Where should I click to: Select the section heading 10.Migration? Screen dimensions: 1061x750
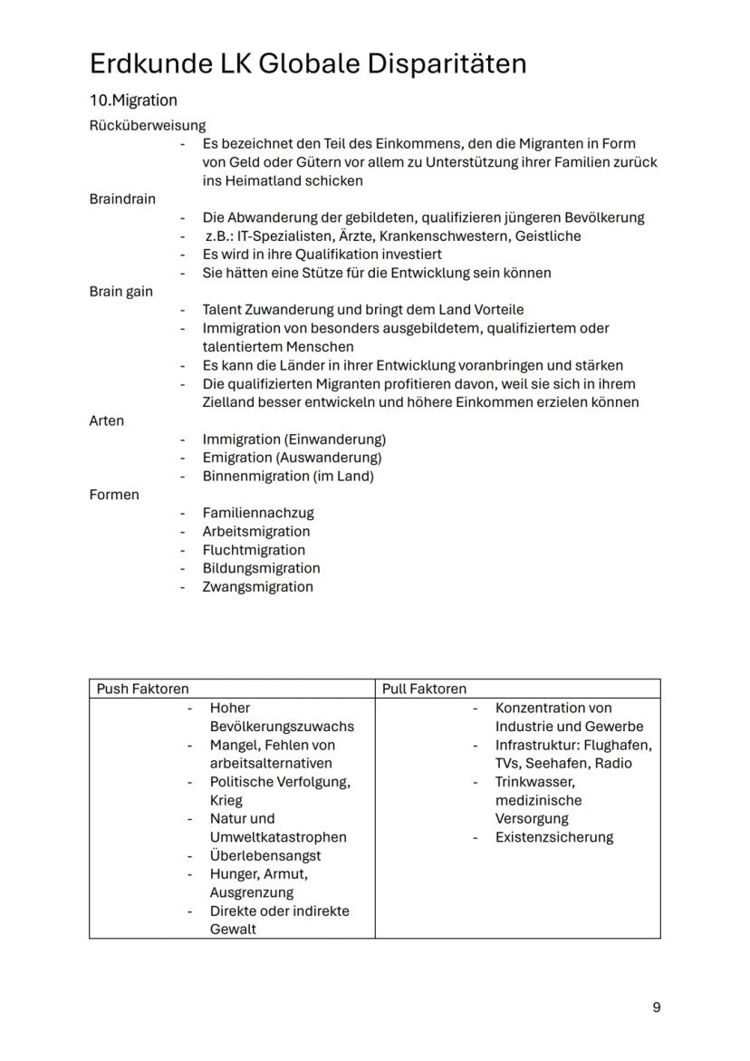(133, 100)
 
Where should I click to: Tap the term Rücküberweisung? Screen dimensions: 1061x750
(147, 125)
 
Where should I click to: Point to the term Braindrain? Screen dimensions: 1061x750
(122, 198)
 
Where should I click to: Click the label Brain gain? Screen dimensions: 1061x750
(121, 292)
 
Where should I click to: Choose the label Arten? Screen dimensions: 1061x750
(107, 420)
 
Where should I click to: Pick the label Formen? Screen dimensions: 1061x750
(114, 495)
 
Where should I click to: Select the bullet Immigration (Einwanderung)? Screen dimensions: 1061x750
(293, 439)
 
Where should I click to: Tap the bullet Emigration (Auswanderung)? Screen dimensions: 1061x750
(292, 458)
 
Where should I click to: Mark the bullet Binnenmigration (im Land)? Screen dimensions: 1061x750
(288, 477)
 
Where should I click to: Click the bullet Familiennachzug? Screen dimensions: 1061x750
(258, 513)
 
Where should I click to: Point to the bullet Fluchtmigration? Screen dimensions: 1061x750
(254, 550)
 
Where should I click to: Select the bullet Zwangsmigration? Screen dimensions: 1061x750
(257, 587)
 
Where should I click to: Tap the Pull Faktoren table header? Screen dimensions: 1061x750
(425, 689)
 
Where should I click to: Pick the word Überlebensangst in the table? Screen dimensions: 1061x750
(265, 855)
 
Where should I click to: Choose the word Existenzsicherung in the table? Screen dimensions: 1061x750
(553, 837)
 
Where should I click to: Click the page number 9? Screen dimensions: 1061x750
(656, 1008)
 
